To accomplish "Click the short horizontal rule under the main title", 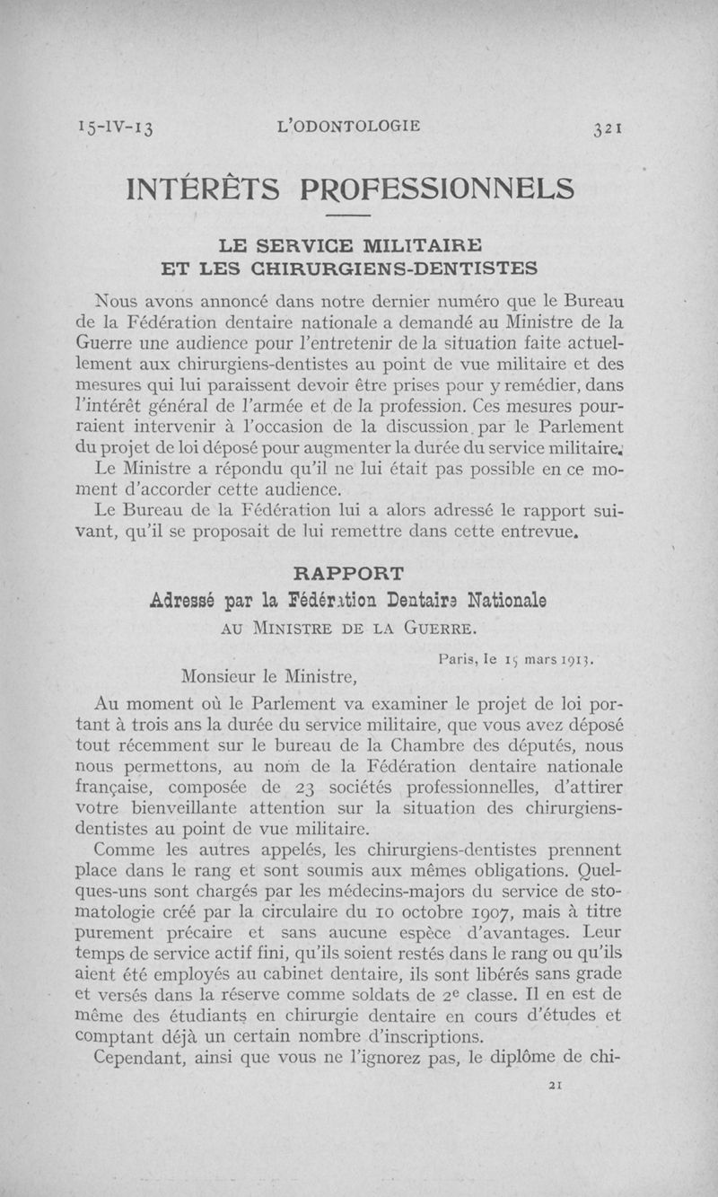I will click(349, 216).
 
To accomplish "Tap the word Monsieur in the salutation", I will click(221, 673).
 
